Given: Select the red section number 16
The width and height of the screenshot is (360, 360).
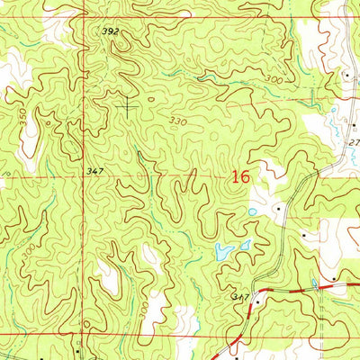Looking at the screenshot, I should pos(239,177).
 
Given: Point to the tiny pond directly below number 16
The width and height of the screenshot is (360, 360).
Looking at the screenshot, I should pos(253,212).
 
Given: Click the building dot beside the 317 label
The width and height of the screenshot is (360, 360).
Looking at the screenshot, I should pos(258,302).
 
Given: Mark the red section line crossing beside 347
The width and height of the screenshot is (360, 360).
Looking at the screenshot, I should pos(89,177).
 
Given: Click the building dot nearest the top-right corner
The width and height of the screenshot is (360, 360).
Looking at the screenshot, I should pos(347,76).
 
